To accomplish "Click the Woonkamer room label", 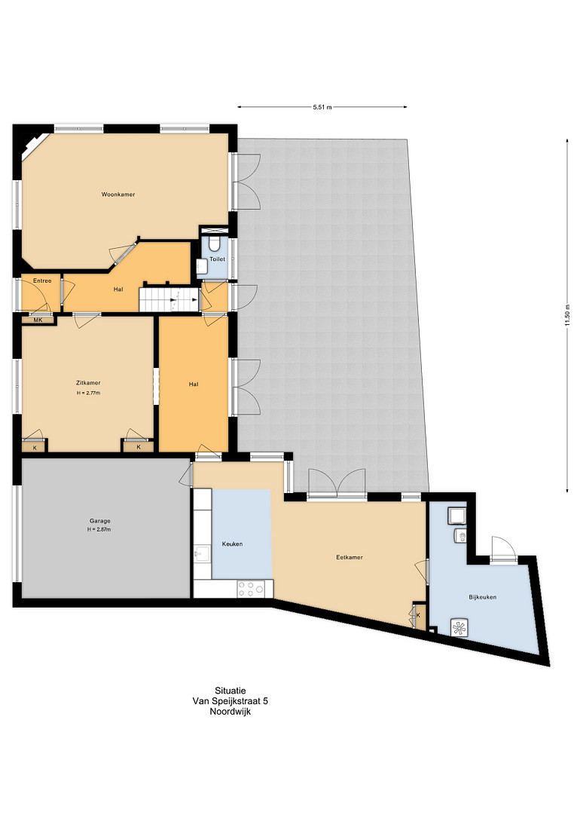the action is pos(118,195).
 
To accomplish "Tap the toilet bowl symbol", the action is pos(214,244).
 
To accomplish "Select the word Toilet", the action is pos(217,259).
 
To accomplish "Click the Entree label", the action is pos(42,281).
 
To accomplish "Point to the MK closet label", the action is pos(38,320).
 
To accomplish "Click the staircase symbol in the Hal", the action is pos(169,299).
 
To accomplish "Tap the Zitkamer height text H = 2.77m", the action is pos(88,393).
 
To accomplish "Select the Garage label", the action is pos(100,521).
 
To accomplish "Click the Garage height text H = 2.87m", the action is pos(99,529).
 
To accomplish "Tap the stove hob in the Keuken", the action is pos(251,589).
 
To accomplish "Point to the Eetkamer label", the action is pos(350,558).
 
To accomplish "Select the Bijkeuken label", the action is pos(483,597).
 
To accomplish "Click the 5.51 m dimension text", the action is pos(322,107).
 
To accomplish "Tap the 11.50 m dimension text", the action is pos(567,315).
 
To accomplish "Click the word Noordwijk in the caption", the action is pos(230,712).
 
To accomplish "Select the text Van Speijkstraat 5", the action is pos(230,701).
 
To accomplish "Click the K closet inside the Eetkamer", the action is pos(418,615).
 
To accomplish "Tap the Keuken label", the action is pos(232,544).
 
